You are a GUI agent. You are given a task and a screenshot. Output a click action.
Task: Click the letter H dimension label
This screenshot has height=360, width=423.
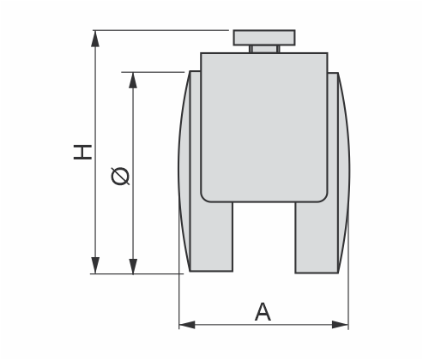click(82, 152)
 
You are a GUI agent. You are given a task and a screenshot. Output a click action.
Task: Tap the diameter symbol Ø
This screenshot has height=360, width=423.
click(120, 176)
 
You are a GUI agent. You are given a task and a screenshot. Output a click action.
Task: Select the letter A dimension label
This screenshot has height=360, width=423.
click(263, 312)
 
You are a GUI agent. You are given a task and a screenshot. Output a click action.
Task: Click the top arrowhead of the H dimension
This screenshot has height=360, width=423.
click(95, 39)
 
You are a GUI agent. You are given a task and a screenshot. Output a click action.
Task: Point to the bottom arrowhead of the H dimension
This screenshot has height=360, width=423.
click(95, 265)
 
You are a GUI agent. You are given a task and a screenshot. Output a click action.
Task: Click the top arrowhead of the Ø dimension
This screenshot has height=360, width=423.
click(133, 81)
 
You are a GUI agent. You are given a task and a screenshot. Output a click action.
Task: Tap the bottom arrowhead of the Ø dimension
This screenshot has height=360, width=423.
click(133, 267)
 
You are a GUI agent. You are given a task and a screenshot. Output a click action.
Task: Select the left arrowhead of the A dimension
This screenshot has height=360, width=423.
click(187, 325)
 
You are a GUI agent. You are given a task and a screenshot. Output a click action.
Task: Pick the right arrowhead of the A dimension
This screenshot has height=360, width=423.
click(340, 325)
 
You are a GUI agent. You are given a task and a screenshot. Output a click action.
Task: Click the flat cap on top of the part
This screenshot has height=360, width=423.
click(264, 38)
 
